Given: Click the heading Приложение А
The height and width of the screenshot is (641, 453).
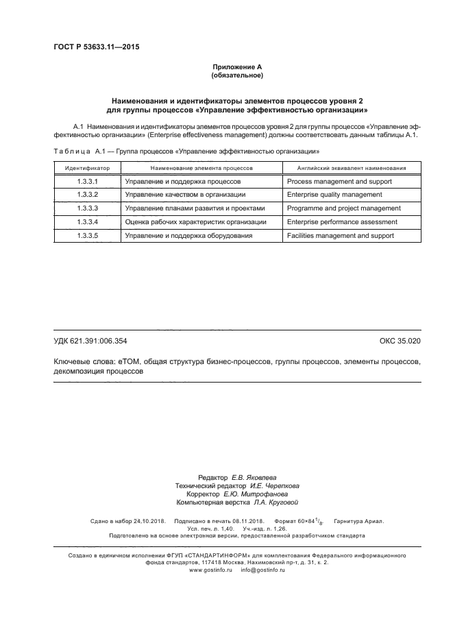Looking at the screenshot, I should click(236, 66).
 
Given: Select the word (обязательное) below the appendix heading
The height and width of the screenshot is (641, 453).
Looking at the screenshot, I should click(236, 75).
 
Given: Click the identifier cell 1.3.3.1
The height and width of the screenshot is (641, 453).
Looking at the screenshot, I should click(87, 182).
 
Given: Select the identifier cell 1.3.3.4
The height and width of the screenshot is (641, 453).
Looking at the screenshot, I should click(87, 222).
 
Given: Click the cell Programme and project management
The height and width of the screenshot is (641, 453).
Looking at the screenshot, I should click(343, 208).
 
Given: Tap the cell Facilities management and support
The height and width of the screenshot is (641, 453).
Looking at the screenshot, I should click(340, 235).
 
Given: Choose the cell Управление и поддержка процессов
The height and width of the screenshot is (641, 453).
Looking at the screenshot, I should click(182, 182).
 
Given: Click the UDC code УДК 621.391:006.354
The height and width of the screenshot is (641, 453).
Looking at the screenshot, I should click(90, 341).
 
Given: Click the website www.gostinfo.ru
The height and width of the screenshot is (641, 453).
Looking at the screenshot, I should click(210, 570).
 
